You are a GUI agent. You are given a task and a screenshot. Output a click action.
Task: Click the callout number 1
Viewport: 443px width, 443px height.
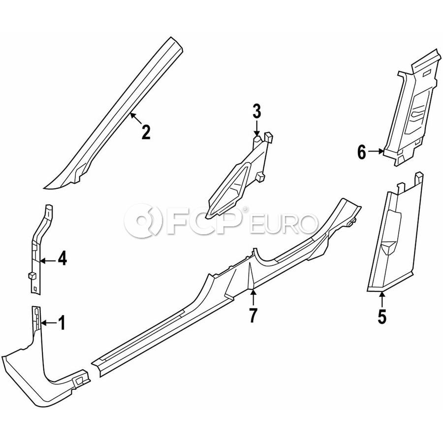[62, 322]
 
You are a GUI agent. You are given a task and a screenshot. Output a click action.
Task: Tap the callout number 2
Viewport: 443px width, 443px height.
[146, 132]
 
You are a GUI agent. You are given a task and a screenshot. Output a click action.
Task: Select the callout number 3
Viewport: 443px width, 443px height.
[256, 111]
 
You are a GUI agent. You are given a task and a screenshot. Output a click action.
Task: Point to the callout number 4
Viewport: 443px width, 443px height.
[62, 258]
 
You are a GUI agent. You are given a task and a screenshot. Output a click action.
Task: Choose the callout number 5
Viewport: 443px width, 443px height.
[382, 316]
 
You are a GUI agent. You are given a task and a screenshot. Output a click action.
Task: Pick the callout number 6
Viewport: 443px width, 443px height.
[362, 153]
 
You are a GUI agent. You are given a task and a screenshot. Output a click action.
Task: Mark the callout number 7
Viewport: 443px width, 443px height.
[253, 316]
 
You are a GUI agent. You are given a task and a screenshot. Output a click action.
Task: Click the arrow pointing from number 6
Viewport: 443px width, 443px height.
[376, 152]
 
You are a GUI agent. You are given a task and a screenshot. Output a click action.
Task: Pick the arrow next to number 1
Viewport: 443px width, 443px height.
[48, 322]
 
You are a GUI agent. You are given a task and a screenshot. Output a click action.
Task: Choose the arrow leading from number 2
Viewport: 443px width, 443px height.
[136, 118]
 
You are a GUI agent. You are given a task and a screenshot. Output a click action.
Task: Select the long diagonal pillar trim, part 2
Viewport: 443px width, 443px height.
[114, 113]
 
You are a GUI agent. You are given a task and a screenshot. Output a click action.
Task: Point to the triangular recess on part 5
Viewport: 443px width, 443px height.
[388, 247]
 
